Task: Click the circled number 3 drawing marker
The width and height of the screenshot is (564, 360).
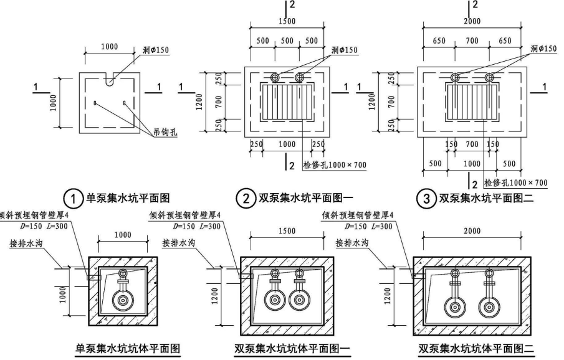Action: click(x=426, y=199)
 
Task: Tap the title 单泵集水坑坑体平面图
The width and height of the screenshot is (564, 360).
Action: click(x=128, y=348)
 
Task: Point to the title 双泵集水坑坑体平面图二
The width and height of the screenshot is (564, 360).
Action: click(x=476, y=348)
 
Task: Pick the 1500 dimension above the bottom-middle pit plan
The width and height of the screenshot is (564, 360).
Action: click(x=287, y=230)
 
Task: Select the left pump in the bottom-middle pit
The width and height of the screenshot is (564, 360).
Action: click(x=274, y=300)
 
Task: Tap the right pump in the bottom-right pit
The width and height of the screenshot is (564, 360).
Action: click(x=488, y=305)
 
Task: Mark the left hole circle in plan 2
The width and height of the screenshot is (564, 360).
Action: click(x=276, y=77)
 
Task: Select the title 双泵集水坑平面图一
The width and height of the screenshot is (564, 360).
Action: click(x=302, y=199)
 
